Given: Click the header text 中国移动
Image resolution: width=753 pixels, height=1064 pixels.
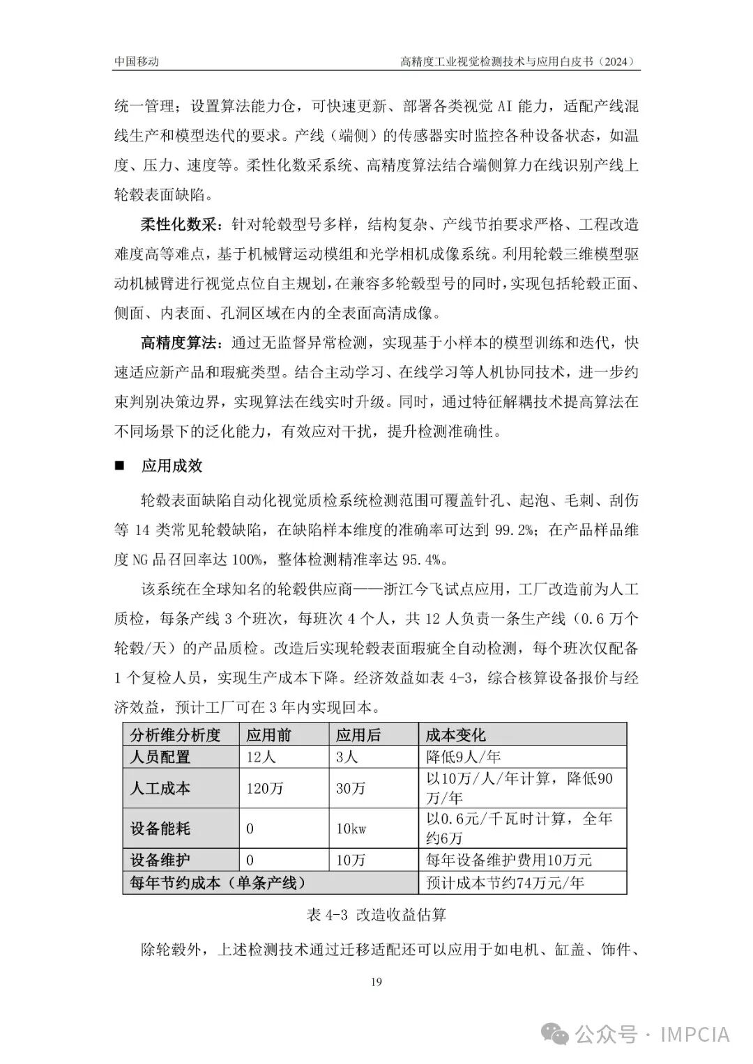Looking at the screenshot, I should pyautogui.click(x=137, y=61).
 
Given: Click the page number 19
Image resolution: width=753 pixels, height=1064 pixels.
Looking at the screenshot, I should pyautogui.click(x=376, y=982).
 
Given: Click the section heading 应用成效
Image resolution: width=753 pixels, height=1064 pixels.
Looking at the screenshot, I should pyautogui.click(x=172, y=465).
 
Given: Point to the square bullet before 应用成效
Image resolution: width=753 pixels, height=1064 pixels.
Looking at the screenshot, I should pyautogui.click(x=119, y=465).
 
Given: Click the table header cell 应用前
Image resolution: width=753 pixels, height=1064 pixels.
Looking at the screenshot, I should pyautogui.click(x=268, y=734).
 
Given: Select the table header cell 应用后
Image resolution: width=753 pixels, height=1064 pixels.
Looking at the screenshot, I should pyautogui.click(x=358, y=734).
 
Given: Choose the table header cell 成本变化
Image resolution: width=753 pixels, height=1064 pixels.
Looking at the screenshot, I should pyautogui.click(x=456, y=734).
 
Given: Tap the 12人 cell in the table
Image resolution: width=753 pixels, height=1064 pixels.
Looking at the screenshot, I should pyautogui.click(x=261, y=756).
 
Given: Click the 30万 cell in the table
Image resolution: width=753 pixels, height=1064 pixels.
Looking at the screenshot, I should pyautogui.click(x=351, y=788).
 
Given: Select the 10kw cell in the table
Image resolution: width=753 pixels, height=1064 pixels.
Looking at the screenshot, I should pyautogui.click(x=351, y=828).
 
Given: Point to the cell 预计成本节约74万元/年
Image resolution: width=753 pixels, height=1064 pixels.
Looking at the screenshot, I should pyautogui.click(x=505, y=883).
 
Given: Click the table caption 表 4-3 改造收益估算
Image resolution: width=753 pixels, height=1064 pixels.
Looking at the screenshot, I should pyautogui.click(x=376, y=914).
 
